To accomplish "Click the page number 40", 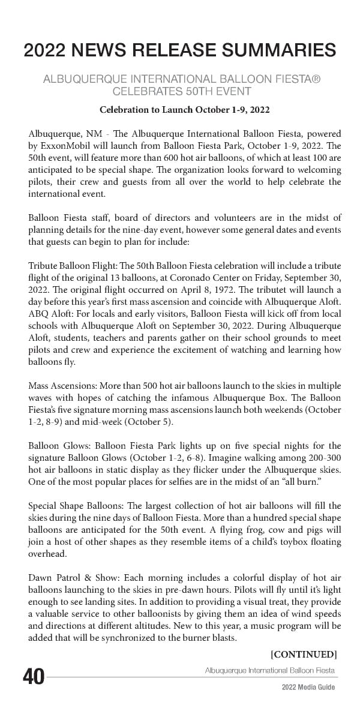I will click(34, 677).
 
